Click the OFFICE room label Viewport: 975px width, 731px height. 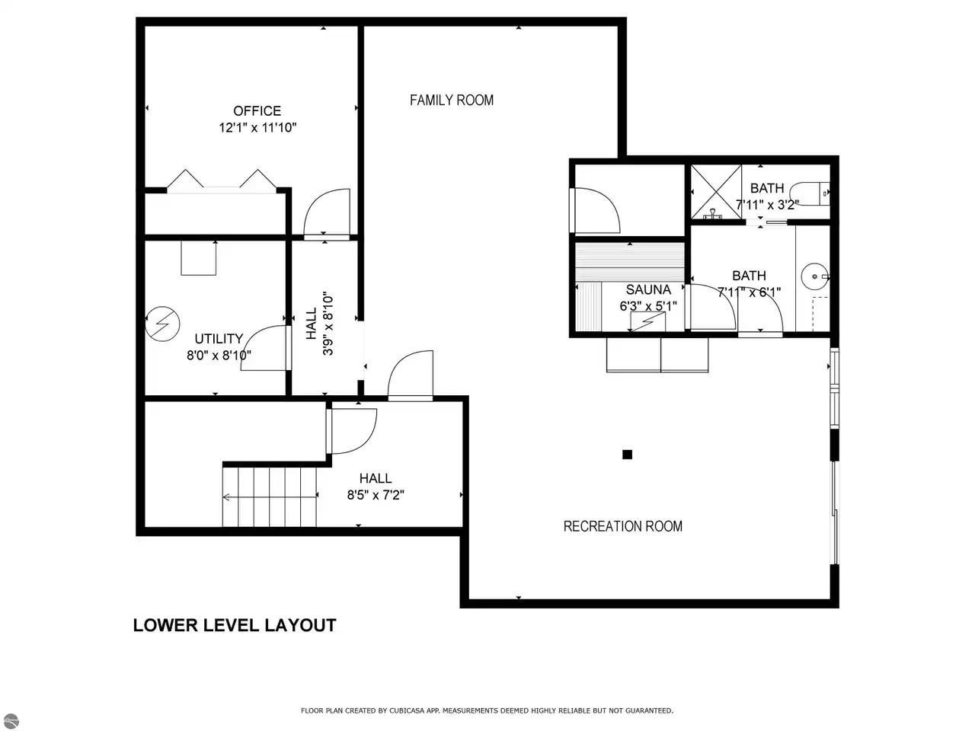(257, 111)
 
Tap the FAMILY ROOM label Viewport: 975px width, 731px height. (451, 101)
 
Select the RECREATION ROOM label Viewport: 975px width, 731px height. (623, 526)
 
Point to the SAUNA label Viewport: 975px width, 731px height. (648, 290)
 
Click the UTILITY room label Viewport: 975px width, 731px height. (219, 339)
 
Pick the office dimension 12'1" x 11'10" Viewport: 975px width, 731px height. (257, 128)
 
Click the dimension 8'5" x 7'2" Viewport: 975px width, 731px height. (376, 495)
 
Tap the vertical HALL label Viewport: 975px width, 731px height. (312, 324)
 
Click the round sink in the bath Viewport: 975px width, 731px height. (814, 276)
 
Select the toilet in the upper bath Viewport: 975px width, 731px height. (809, 193)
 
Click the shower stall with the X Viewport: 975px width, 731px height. (716, 192)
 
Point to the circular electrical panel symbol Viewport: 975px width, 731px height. (162, 324)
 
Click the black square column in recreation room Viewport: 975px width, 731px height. (627, 455)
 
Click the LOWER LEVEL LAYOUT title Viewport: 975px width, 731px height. (235, 625)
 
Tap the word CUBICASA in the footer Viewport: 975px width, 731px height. (407, 710)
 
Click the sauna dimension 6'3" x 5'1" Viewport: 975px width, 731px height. (648, 306)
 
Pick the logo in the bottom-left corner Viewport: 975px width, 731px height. (11, 720)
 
